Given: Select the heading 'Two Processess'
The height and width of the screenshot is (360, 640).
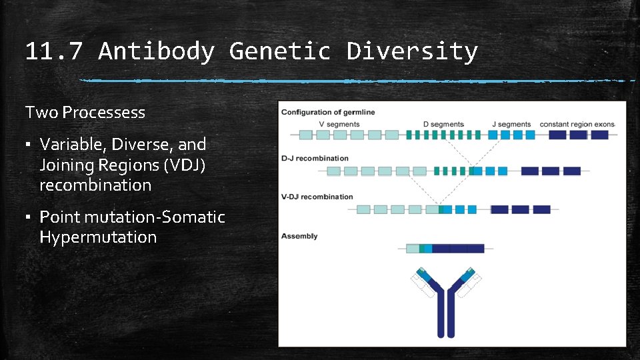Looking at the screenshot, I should click(85, 113).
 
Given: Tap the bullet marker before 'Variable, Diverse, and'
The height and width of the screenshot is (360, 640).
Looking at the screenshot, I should click(29, 145).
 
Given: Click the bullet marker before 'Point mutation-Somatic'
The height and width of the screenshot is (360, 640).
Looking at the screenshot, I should click(29, 217).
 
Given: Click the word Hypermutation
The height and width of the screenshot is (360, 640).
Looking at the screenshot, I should click(98, 237).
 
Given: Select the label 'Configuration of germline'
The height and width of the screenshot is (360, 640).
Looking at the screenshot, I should click(327, 112).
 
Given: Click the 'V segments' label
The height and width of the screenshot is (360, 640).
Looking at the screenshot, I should click(339, 124).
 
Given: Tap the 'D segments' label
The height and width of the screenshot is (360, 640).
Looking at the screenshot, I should click(443, 124).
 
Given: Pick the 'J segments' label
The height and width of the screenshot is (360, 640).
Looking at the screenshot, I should click(511, 124).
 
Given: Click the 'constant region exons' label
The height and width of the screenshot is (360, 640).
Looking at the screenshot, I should click(577, 124).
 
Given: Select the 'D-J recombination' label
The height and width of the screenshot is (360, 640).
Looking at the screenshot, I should click(315, 159).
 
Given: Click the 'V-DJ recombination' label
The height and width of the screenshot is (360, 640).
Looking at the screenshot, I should click(317, 197).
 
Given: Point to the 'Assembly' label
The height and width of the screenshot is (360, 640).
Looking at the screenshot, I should click(299, 236).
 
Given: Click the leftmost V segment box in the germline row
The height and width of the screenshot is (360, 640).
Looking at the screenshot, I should click(305, 135).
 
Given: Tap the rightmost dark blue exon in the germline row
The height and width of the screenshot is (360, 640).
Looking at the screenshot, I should click(599, 135).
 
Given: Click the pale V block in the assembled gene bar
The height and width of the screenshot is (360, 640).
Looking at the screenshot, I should click(413, 249).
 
